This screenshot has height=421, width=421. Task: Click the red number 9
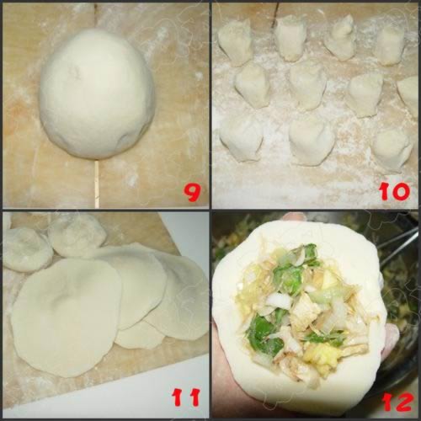pyautogui.click(x=193, y=191)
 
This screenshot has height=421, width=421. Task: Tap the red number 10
pyautogui.click(x=395, y=191)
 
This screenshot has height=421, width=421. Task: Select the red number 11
pyautogui.click(x=187, y=397)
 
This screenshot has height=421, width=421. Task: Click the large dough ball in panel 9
pyautogui.click(x=97, y=94)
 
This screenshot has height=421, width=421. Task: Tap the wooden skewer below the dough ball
pyautogui.click(x=97, y=184)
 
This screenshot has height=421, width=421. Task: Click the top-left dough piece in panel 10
pyautogui.click(x=235, y=42)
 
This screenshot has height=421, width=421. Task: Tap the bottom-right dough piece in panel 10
pyautogui.click(x=393, y=150)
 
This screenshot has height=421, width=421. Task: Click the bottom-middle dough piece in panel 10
pyautogui.click(x=312, y=141)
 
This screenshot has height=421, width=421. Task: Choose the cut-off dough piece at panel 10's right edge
pyautogui.click(x=410, y=95)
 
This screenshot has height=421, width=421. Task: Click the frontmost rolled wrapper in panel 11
pyautogui.click(x=66, y=317)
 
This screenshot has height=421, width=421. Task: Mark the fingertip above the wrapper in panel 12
pyautogui.click(x=293, y=216)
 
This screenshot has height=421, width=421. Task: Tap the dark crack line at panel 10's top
pyautogui.click(x=274, y=14)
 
